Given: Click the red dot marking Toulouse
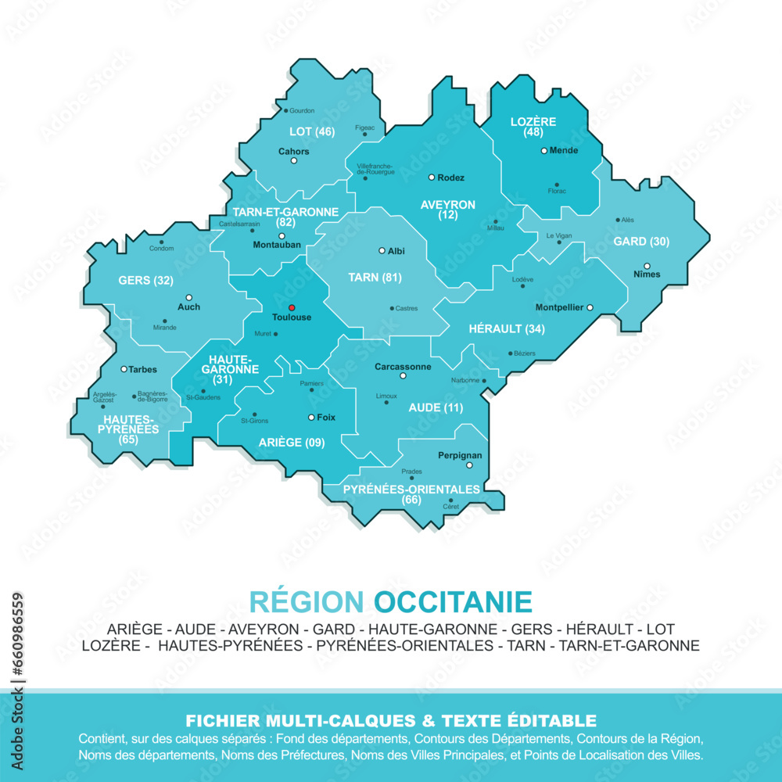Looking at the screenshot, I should [x=291, y=307].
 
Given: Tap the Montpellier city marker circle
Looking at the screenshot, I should [x=590, y=307].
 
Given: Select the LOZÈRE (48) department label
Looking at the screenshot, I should [x=533, y=127].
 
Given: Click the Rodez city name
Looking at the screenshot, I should [x=450, y=178].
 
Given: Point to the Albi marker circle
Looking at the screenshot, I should [x=382, y=251].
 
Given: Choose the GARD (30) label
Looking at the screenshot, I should [x=641, y=242].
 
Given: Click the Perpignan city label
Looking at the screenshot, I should [x=460, y=454].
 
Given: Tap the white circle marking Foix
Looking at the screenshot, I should [x=310, y=418].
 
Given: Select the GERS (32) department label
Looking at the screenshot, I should [x=145, y=280].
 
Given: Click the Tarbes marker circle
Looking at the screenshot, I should [x=124, y=369].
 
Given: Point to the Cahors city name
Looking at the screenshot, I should [x=294, y=151].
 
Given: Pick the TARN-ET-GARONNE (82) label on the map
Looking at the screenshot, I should [x=285, y=217].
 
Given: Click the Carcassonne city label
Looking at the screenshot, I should [x=403, y=366].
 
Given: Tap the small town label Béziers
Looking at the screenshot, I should [x=525, y=353].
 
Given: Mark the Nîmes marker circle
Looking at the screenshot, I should [x=647, y=265].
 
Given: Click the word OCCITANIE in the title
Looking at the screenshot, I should [x=453, y=602].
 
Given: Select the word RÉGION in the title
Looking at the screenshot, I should [x=307, y=602].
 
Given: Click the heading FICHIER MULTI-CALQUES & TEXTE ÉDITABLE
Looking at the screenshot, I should [x=390, y=720].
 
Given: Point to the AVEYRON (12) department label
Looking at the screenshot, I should [x=448, y=209].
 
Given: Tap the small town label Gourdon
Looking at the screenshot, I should [x=302, y=111].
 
